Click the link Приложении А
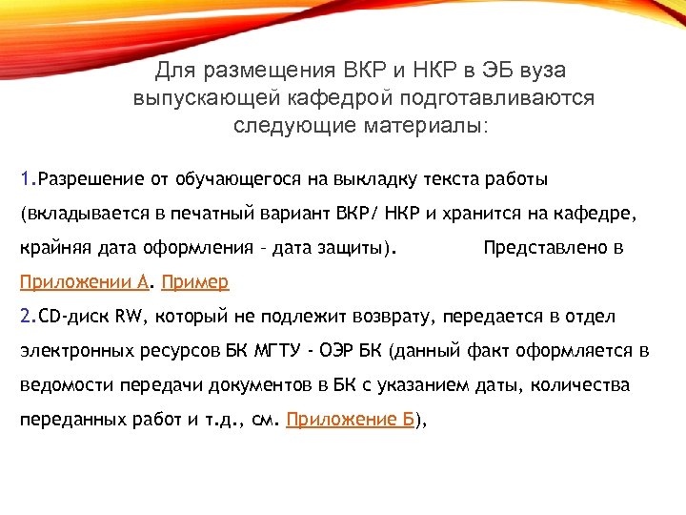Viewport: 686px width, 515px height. (x=85, y=282)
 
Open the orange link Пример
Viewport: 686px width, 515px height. (x=195, y=282)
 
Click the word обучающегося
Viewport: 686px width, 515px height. (x=238, y=179)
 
